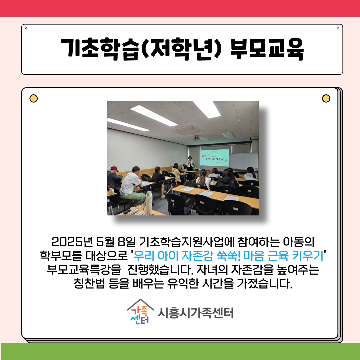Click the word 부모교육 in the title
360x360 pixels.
coord(267,49)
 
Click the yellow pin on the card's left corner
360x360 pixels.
coord(34,98)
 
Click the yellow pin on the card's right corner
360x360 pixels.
coord(326,98)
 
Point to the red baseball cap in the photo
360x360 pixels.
coord(114,169)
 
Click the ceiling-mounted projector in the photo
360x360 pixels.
coord(196,138)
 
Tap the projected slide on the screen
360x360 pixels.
coord(215,157)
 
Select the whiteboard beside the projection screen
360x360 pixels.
coord(243,161)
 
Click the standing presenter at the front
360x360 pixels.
coord(190,163)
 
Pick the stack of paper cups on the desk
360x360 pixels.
coord(149,202)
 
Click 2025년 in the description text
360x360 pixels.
coord(72,242)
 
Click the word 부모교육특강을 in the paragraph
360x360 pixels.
coord(84,269)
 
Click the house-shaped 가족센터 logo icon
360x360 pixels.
coord(140,312)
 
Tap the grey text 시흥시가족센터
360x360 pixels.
coord(195,313)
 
